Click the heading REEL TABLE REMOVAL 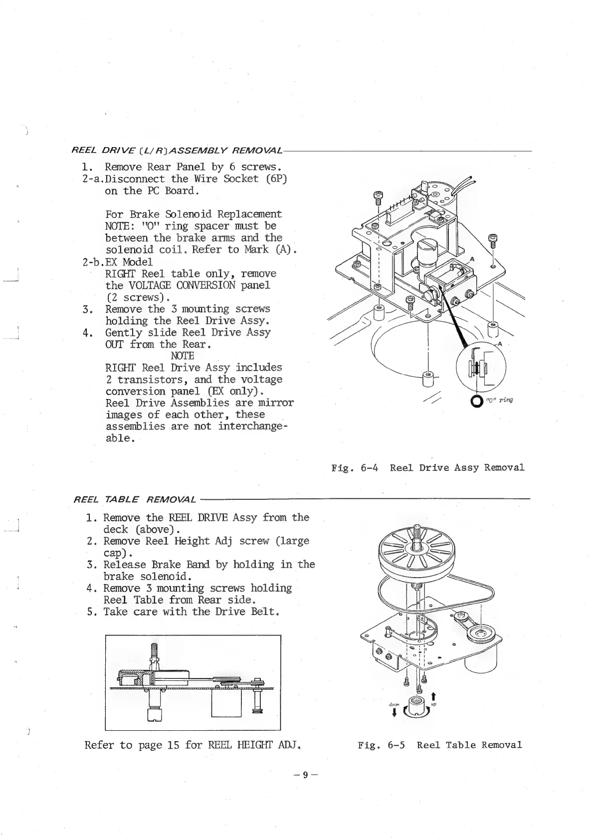(x=134, y=499)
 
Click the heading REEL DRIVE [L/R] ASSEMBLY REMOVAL (x=177, y=150)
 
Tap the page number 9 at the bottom (x=305, y=775)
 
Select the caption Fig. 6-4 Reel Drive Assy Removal (x=428, y=468)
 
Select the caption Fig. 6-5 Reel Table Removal (x=440, y=745)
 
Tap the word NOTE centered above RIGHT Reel (x=182, y=356)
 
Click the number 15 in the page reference (x=173, y=745)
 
